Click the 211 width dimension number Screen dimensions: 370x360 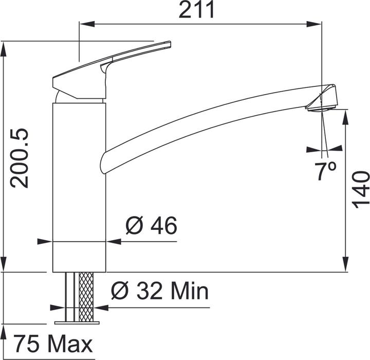click(196, 9)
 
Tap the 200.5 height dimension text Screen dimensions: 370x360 click(19, 158)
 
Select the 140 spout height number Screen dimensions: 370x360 click(361, 190)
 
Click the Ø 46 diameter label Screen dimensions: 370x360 click(151, 225)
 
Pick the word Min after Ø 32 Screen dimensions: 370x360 click(190, 291)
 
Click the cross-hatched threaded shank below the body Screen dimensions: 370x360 click(86, 297)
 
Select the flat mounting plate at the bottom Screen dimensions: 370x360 click(77, 322)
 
